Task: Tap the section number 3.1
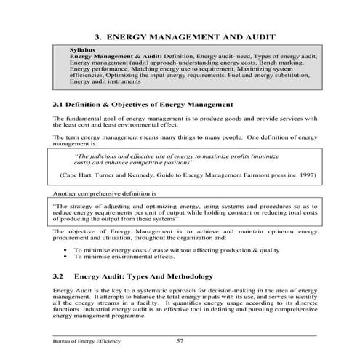click(60, 104)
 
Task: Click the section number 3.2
click(60, 277)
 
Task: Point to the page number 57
click(181, 340)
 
